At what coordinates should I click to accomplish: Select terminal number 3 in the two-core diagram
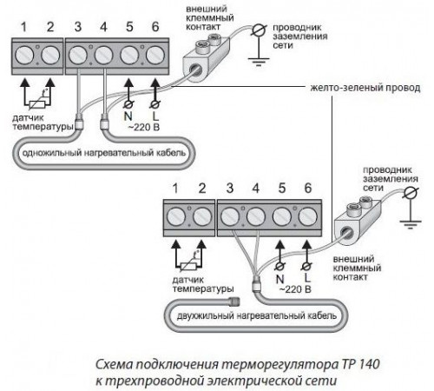click(x=230, y=189)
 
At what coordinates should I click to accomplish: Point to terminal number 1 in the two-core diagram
click(x=173, y=189)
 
